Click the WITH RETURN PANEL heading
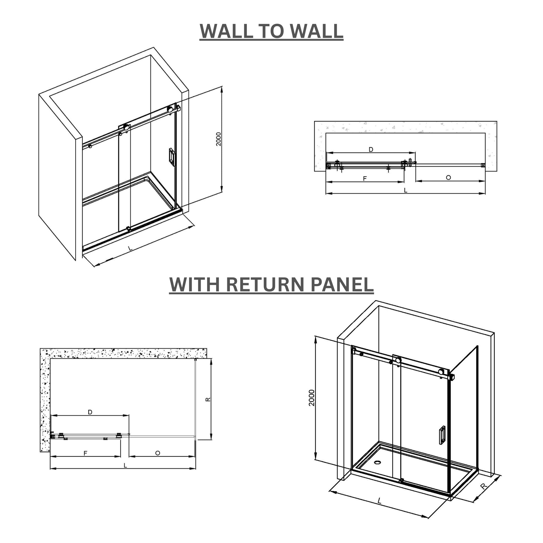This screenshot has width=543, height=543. pos(271,284)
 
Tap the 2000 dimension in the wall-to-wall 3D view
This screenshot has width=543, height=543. pos(219,139)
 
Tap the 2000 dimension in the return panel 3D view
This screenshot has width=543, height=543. pos(312,398)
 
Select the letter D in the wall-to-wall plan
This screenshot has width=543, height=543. pos(371,150)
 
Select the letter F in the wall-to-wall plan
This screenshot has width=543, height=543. pos(365,179)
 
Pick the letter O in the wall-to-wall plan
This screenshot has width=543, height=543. pos(448,178)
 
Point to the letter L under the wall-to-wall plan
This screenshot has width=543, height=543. pos(405,191)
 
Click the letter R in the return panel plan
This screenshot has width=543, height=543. pos(208,399)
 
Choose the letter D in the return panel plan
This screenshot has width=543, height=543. pos(90,412)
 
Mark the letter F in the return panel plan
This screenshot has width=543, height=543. pos(85,453)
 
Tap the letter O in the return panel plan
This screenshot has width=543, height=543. pos(158,453)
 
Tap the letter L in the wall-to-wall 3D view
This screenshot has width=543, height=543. pos(130,248)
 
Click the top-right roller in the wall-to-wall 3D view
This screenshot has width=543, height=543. pos(170,109)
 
